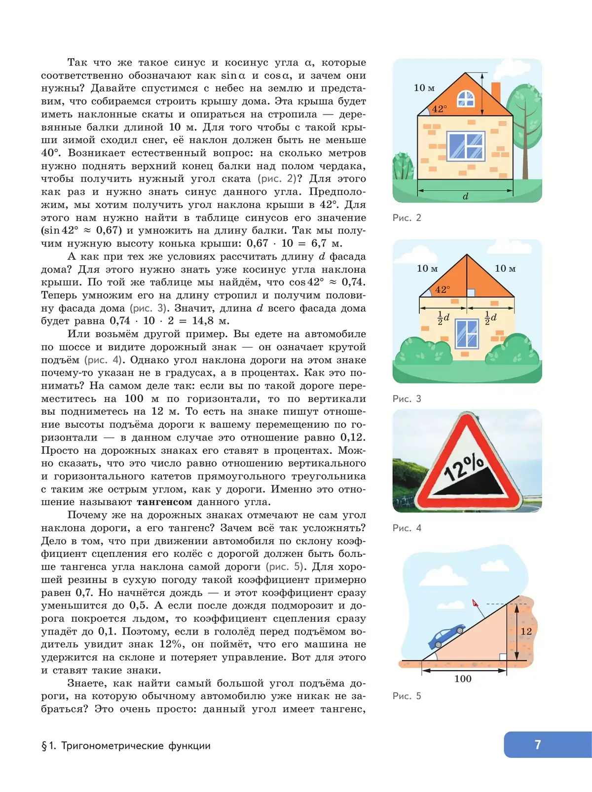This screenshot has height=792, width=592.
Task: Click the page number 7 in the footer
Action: coord(538,745)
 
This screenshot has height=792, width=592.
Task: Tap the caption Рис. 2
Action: coord(407,218)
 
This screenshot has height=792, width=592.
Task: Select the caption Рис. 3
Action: coord(407,398)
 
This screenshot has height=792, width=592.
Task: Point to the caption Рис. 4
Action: coord(407,528)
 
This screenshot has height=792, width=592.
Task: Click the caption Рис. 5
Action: coord(407,696)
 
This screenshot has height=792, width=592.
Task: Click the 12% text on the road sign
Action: coord(464,467)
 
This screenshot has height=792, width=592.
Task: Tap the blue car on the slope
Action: coord(445,636)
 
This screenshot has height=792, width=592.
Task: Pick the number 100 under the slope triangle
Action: coord(463,679)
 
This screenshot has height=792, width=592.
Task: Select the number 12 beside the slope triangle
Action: coord(526,632)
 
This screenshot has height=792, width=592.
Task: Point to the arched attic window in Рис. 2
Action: coord(466,99)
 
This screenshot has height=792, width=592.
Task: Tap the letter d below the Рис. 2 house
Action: coord(465,196)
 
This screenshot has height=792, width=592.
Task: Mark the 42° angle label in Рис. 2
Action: coord(439,109)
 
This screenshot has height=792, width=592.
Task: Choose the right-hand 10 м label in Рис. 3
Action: coord(505,269)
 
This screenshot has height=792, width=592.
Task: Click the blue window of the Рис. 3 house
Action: coord(467,334)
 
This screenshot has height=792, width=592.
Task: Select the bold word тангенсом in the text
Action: coord(164,502)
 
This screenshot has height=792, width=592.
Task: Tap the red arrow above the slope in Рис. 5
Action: coord(476,603)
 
